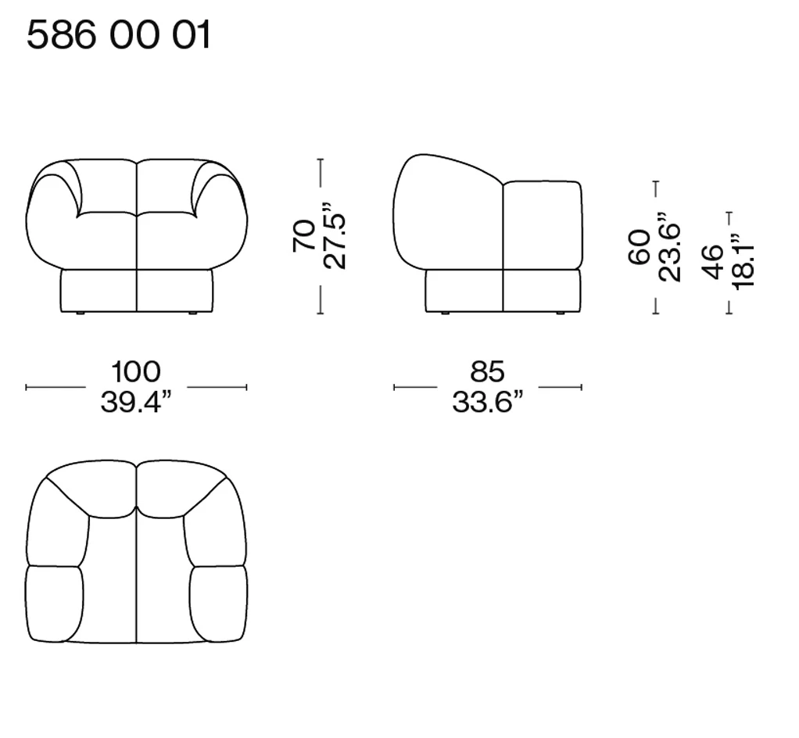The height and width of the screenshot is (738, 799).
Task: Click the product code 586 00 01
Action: coord(118,35)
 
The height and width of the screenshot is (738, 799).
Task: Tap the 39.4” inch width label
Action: coord(136,402)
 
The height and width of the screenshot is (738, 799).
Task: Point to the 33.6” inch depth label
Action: coord(488,402)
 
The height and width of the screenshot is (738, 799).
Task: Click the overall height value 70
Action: coord(304,235)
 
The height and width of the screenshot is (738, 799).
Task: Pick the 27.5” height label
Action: coord(335,235)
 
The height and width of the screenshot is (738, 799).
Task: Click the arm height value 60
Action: coord(640,247)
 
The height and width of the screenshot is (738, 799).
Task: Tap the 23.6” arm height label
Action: coord(669,247)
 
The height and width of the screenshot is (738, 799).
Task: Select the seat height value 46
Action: coord(712,262)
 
